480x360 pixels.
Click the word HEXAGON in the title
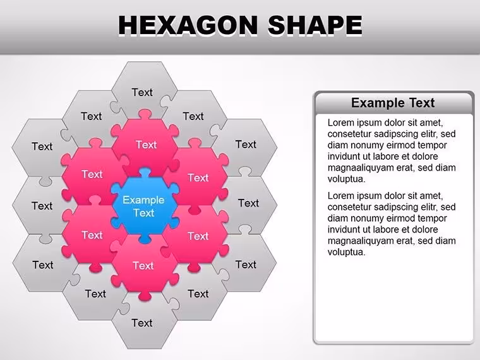tap(188, 25)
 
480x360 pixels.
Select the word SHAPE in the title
tap(315, 25)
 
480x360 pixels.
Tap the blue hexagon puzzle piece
tap(144, 205)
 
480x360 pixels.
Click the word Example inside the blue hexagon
tap(143, 200)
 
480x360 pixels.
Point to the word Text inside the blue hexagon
tap(143, 213)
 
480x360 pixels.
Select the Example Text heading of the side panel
tap(393, 103)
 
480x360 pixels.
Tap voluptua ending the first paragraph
tap(347, 179)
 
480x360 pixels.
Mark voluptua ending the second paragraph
tap(347, 252)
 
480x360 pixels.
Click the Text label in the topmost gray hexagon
tap(142, 92)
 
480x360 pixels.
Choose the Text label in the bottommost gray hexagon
tap(142, 323)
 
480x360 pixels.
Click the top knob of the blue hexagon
tap(144, 172)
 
